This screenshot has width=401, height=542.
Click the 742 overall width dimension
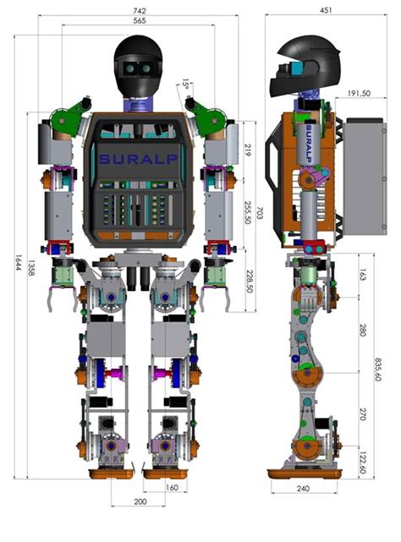138,9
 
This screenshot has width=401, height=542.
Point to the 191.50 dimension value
360,93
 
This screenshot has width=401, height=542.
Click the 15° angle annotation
185,83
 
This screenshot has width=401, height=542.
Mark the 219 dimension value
246,150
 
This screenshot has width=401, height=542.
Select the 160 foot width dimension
172,487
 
